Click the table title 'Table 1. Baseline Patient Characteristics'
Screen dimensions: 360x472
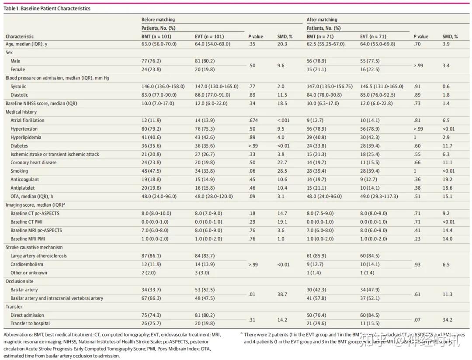[x=47, y=8]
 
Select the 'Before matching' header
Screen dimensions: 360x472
[x=158, y=20]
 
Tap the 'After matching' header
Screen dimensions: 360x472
[x=322, y=20]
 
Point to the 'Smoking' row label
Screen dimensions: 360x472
[x=19, y=171]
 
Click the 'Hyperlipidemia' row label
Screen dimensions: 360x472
[x=27, y=137]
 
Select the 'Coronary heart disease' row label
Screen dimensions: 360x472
[x=33, y=163]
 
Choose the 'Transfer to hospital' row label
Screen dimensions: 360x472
[x=30, y=323]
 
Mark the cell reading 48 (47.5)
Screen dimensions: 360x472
[x=151, y=171]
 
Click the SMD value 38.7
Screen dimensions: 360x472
[x=282, y=294]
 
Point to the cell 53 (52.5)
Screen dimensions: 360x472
[x=205, y=290]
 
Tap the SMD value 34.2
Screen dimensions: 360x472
[x=447, y=319]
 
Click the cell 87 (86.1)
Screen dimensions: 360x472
[x=151, y=256]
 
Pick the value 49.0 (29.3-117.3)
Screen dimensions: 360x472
[x=379, y=196]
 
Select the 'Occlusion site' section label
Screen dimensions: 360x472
[x=19, y=281]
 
